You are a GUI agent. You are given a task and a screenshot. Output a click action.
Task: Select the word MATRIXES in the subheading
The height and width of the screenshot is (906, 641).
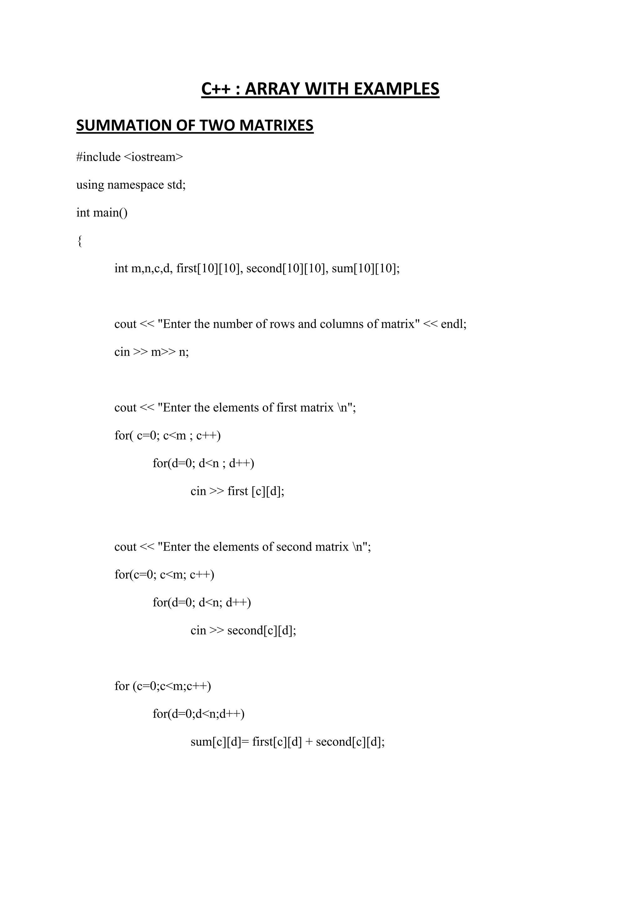pos(276,125)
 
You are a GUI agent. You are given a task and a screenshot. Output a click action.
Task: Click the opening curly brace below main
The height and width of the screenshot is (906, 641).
pos(80,241)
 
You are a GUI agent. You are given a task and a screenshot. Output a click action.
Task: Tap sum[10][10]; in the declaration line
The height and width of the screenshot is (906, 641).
pos(366,268)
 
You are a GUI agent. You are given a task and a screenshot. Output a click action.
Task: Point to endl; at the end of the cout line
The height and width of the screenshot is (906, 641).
pos(454,324)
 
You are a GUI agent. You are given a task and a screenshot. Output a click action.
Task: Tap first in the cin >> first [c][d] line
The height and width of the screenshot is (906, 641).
pos(238,491)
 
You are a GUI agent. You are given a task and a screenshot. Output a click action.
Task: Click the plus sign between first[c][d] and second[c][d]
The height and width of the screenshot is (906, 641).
pos(309,742)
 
